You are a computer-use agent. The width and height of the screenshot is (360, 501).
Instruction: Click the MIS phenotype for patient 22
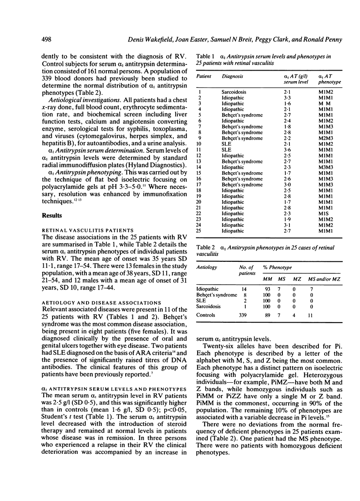325,214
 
